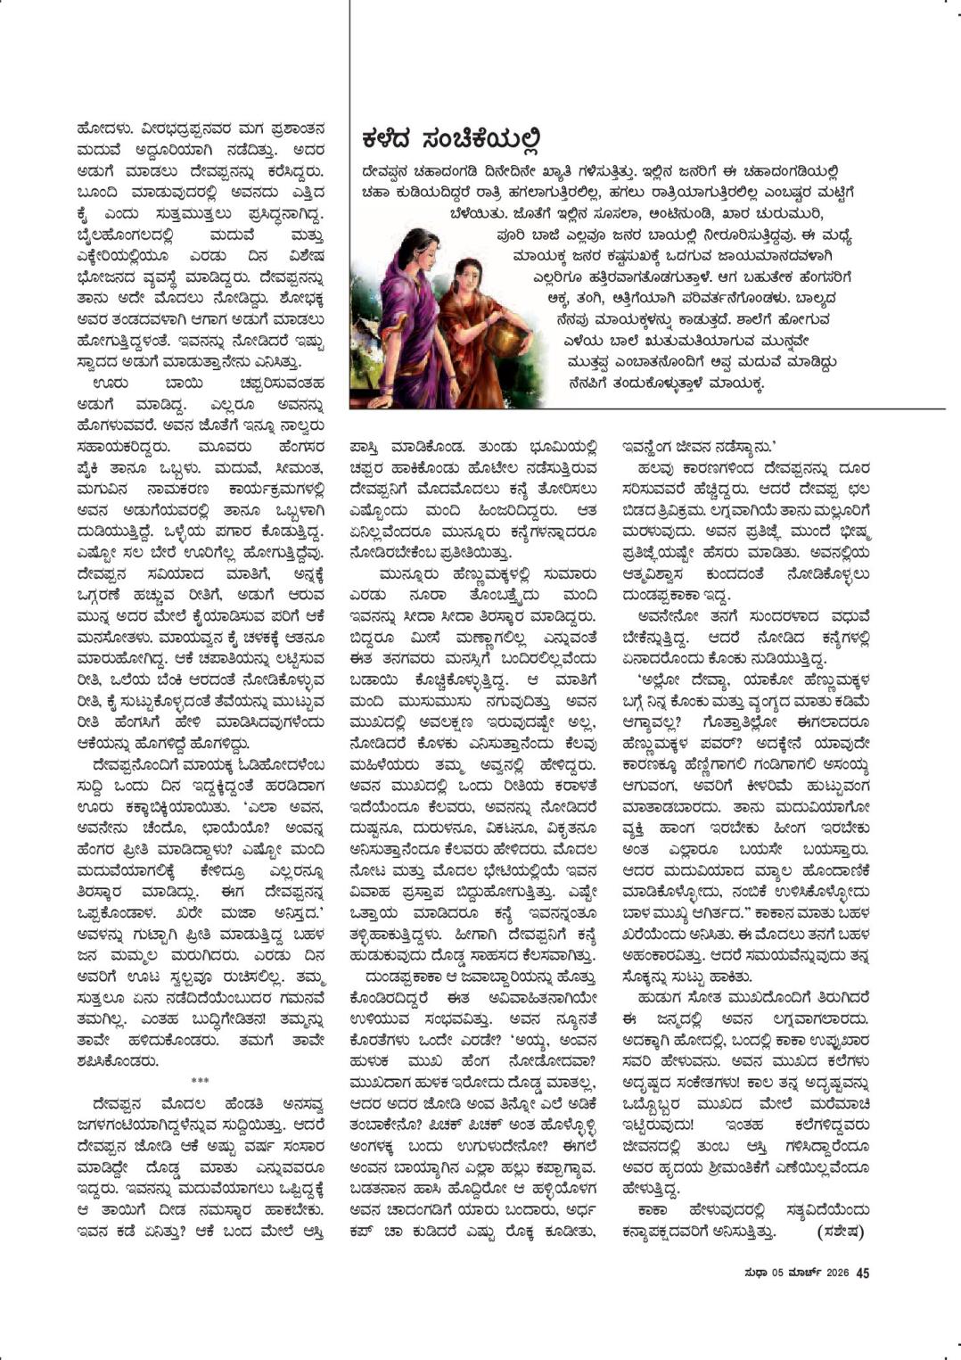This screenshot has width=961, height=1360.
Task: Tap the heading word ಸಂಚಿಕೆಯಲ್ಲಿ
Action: tap(480, 141)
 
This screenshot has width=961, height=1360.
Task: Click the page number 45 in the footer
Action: tap(862, 1273)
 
